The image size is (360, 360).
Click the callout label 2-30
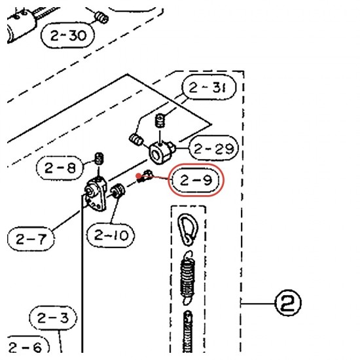(x=67, y=35)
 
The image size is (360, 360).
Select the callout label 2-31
(x=209, y=87)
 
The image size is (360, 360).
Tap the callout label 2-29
(x=214, y=148)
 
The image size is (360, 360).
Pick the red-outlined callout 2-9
(x=196, y=180)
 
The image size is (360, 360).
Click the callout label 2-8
(x=60, y=168)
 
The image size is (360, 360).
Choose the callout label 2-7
(x=31, y=239)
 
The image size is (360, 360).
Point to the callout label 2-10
(x=111, y=236)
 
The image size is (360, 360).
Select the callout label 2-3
(x=53, y=318)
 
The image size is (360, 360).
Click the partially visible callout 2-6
(x=27, y=346)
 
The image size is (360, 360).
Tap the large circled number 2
(x=288, y=303)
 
